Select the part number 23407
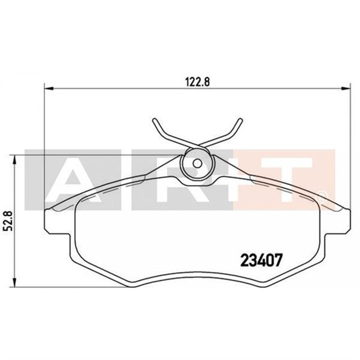[x=261, y=260]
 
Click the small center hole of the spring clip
[x=197, y=164]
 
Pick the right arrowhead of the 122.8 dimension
[x=344, y=88]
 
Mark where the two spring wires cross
[x=197, y=147]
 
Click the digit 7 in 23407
[x=277, y=260]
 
